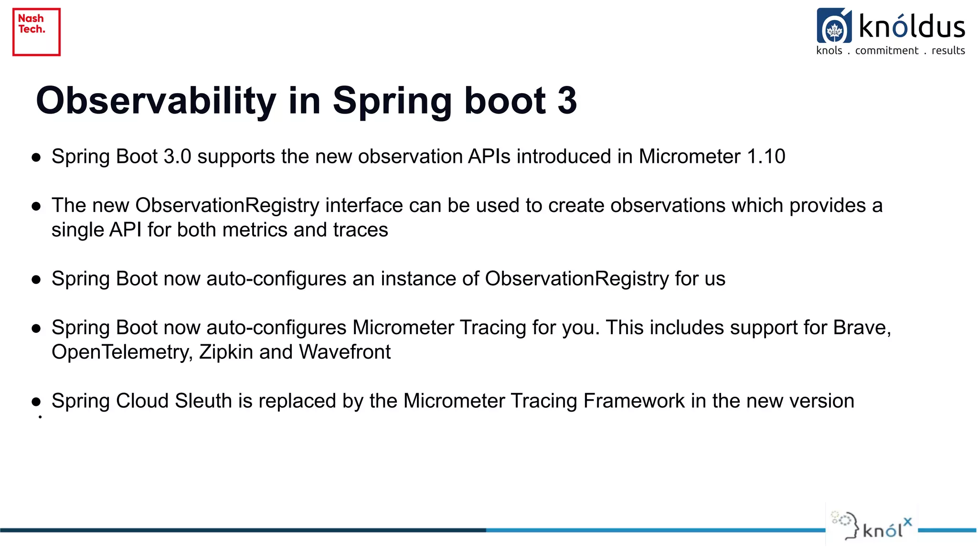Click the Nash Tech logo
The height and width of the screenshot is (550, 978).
[36, 32]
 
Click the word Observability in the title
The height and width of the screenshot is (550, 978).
[156, 101]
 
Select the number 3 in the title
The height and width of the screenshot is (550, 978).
[567, 101]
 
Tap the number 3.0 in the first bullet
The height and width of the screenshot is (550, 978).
[177, 157]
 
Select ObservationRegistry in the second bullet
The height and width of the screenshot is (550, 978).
[227, 205]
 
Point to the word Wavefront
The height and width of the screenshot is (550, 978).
[345, 352]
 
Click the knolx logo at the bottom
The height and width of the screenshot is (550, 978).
[872, 526]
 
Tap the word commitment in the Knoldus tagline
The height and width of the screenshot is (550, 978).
[886, 51]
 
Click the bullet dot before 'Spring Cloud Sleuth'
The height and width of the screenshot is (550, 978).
[36, 402]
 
